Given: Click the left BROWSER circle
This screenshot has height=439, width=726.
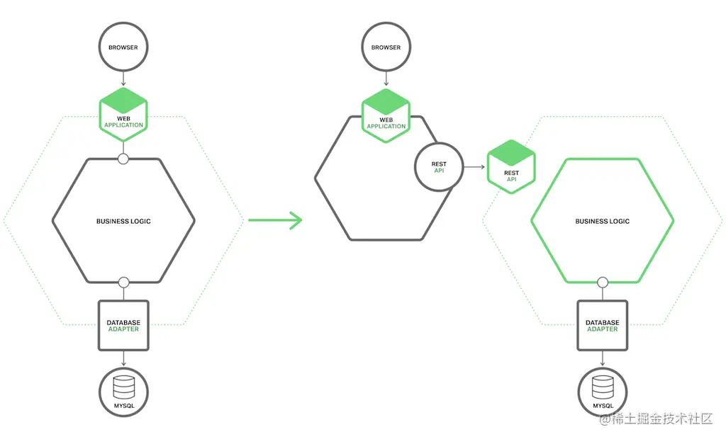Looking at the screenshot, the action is point(123,48).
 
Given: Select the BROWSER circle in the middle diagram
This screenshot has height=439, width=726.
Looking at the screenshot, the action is point(386,48).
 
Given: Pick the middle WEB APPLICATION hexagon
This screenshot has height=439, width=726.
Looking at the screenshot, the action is point(386,115).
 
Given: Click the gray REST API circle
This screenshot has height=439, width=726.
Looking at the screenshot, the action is point(439,167).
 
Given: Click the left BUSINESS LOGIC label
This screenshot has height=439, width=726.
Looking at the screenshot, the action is point(123,222).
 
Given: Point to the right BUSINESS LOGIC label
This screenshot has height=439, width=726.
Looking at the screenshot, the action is point(602,222).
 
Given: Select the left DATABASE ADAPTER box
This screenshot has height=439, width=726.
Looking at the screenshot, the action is point(123,326).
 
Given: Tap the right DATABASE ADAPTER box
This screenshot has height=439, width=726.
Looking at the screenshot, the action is point(602,326).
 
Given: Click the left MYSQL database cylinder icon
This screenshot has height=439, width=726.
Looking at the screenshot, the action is point(123,387).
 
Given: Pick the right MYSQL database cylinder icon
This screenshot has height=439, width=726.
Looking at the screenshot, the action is point(602,387).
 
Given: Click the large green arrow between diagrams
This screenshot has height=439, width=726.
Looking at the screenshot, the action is point(276,220).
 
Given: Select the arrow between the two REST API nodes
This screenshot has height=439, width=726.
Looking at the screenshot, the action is point(474,167).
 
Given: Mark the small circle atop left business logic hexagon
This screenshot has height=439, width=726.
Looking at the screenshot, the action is point(123,159).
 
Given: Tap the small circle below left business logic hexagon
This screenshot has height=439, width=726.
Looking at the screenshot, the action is point(123,283).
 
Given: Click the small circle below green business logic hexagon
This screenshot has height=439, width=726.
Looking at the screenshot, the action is point(603,283).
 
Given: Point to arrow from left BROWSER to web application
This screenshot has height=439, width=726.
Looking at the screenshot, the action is point(123,79).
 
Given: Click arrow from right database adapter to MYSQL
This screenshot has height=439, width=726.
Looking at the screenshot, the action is point(602,359).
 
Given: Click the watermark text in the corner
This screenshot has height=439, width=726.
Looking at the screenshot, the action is point(656,419).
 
